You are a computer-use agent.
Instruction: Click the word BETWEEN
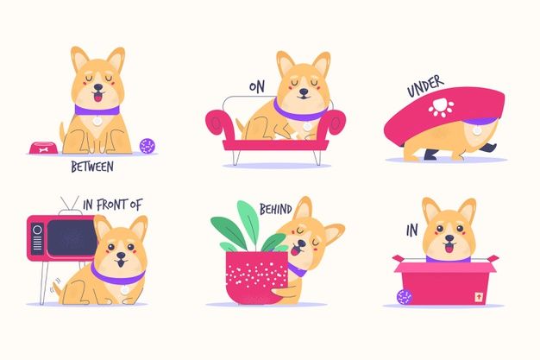[92, 167]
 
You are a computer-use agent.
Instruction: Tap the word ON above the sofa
[257, 87]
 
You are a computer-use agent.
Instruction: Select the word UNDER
[425, 86]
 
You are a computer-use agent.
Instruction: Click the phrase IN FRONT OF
[113, 205]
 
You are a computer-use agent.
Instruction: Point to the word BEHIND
[275, 209]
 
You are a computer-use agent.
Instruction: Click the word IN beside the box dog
[411, 231]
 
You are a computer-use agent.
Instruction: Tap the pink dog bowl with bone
[43, 148]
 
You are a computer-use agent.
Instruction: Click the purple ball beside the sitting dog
[148, 146]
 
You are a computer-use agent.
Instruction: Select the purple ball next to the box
[405, 297]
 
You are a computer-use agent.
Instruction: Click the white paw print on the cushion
[441, 108]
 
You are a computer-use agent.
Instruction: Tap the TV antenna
[69, 205]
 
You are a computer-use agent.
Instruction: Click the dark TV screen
[72, 237]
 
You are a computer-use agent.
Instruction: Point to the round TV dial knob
[37, 230]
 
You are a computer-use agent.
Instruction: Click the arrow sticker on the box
[479, 297]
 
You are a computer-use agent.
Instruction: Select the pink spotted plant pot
[257, 277]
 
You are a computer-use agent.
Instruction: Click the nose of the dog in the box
[449, 238]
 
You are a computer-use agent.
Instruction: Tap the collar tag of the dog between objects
[97, 121]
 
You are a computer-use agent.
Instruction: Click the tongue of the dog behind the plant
[295, 250]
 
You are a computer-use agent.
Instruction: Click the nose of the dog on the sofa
[304, 92]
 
